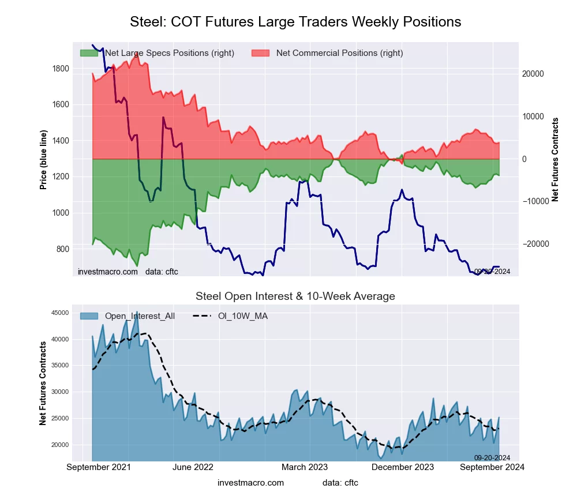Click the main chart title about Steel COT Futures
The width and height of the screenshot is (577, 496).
295,22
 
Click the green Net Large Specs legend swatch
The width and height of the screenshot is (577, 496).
89,53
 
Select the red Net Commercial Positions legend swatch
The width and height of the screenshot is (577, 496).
261,53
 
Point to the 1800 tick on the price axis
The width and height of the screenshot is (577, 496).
61,69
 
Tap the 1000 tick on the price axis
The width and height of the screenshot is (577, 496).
61,213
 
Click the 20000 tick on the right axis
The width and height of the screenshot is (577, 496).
534,74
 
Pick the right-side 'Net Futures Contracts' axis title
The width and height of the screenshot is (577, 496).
556,159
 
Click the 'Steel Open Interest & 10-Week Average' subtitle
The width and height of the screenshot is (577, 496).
295,296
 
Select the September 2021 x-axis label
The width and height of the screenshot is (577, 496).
99,467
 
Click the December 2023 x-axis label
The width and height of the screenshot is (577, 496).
408,467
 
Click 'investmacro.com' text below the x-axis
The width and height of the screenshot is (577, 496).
251,482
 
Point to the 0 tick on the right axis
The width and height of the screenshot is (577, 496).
525,159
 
